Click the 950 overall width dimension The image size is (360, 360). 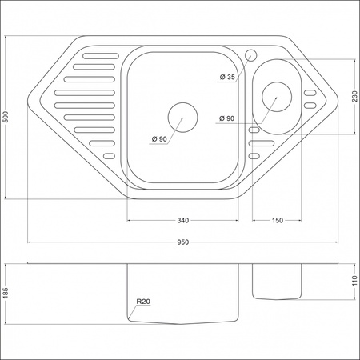pyautogui.click(x=183, y=242)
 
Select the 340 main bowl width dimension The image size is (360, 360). pyautogui.click(x=183, y=220)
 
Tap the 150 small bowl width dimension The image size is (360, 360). pyautogui.click(x=278, y=220)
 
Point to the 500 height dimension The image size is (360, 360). pyautogui.click(x=6, y=117)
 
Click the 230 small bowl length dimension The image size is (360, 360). pyautogui.click(x=354, y=97)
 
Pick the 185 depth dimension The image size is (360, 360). pyautogui.click(x=6, y=294)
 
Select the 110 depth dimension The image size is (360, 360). pyautogui.click(x=354, y=281)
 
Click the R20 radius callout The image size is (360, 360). pyautogui.click(x=143, y=302)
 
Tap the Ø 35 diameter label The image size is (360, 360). pyautogui.click(x=227, y=77)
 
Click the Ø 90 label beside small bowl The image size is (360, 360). pyautogui.click(x=227, y=118)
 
